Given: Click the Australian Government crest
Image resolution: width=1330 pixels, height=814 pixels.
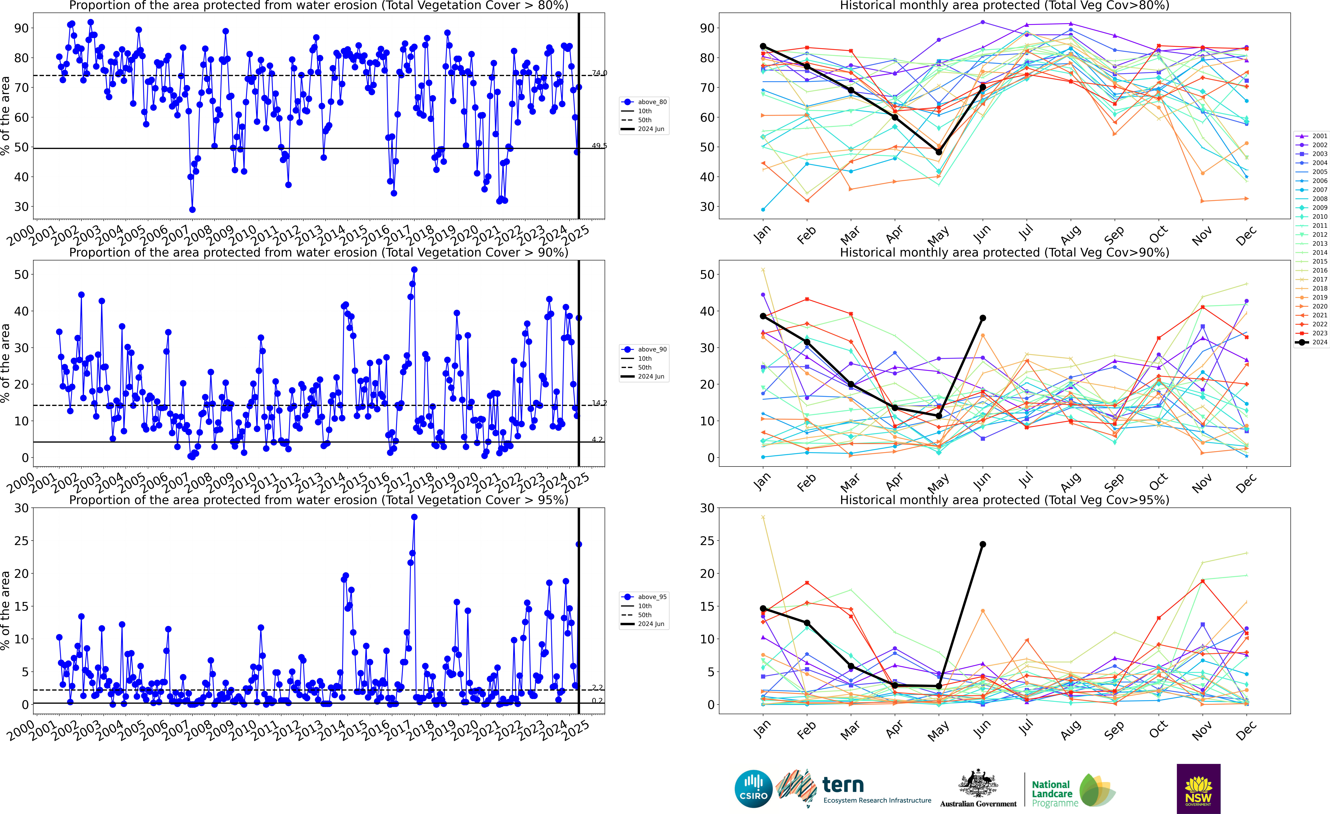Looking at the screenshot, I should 978,784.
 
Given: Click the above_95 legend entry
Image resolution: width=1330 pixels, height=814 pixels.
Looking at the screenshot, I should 645,597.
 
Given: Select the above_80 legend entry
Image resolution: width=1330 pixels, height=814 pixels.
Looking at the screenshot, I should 645,102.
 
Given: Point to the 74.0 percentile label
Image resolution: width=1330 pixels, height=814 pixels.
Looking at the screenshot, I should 599,73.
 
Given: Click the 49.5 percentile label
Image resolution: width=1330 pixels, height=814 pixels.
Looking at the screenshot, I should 599,146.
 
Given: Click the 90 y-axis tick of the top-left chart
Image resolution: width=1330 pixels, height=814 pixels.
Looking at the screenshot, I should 22,28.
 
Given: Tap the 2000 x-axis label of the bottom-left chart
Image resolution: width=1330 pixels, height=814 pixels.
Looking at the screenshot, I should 22,730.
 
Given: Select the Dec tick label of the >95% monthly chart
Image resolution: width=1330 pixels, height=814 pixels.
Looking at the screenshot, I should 1246,730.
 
